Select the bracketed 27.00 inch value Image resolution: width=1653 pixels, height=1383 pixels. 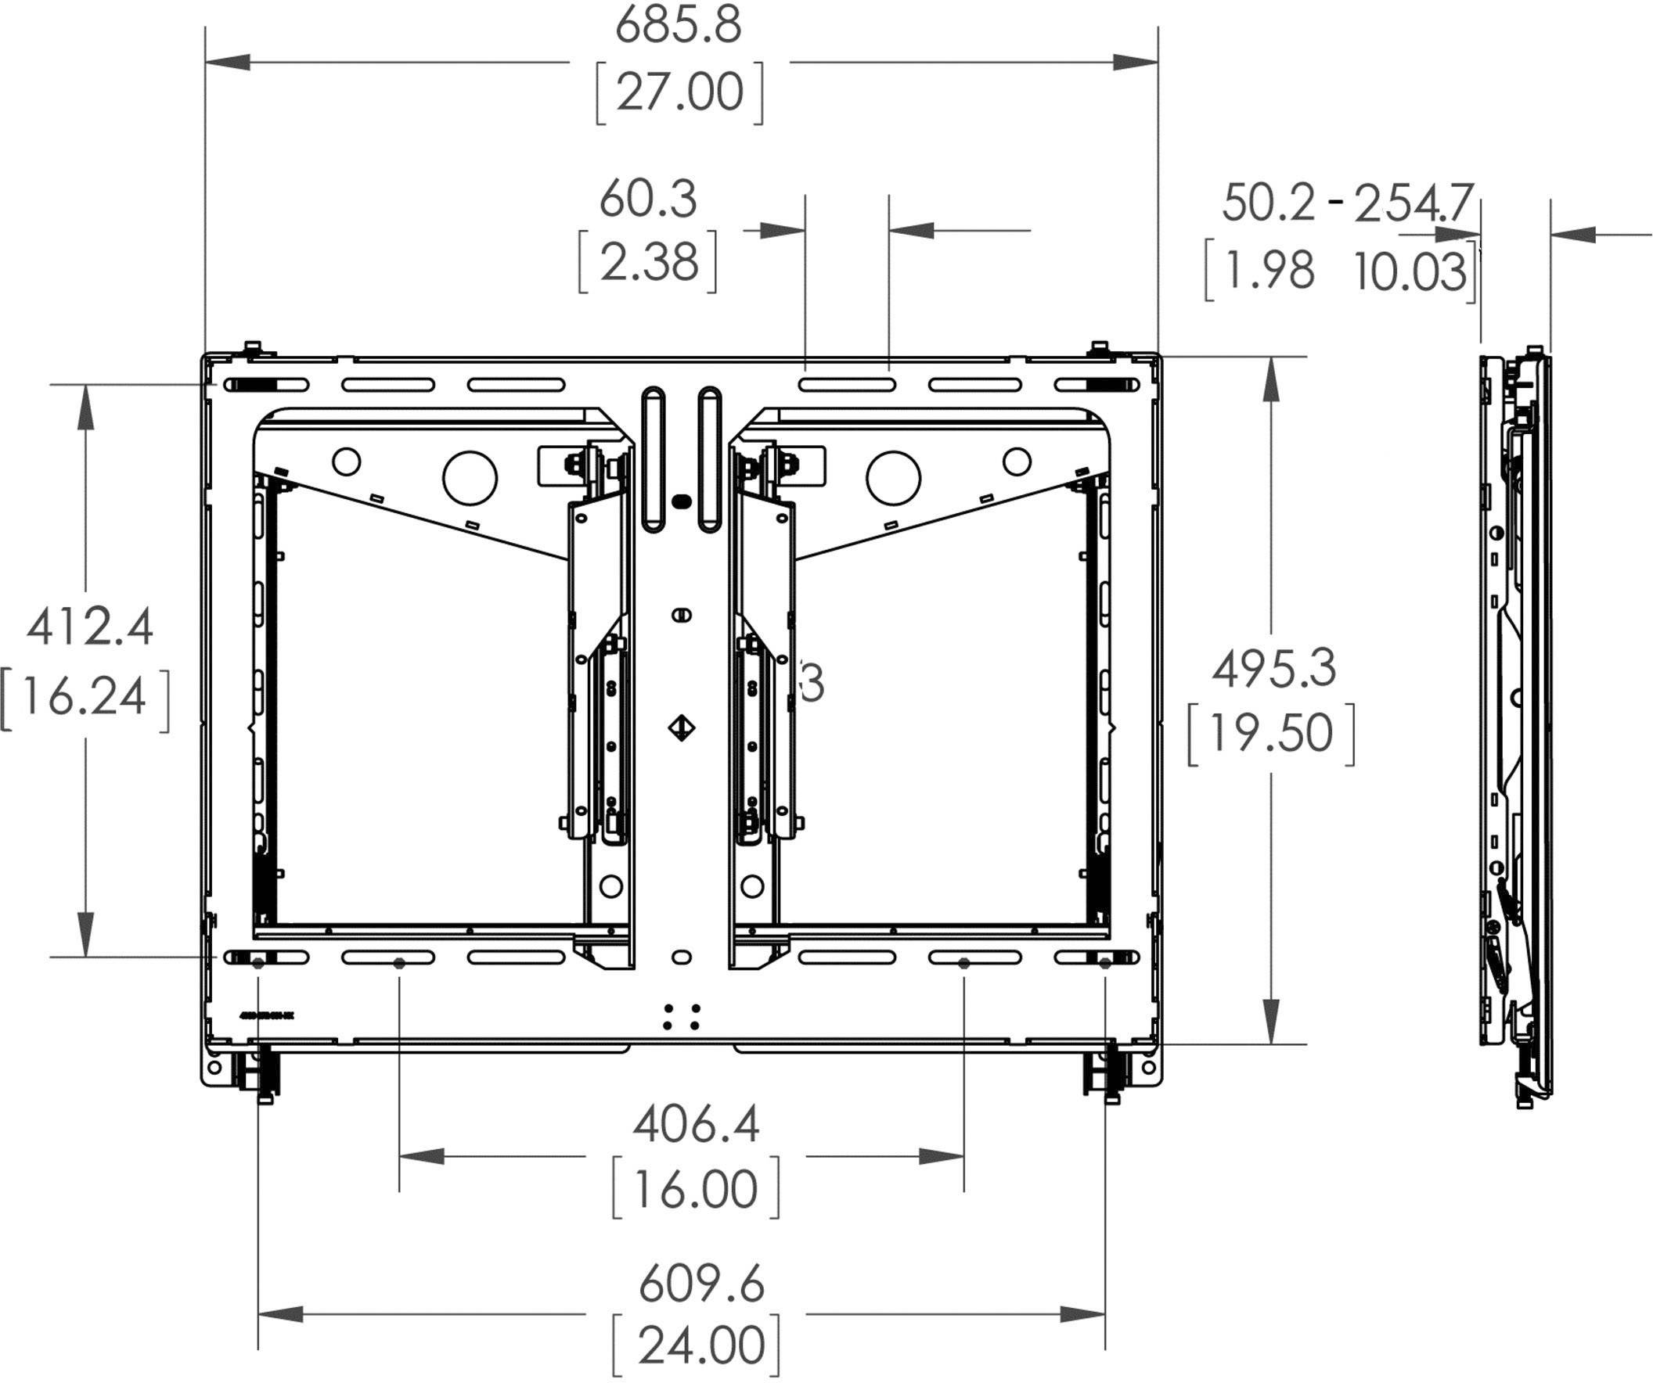click(679, 93)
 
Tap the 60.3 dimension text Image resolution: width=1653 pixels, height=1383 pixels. click(648, 199)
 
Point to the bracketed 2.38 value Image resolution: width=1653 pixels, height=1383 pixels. click(649, 262)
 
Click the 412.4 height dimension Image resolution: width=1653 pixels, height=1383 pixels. click(90, 629)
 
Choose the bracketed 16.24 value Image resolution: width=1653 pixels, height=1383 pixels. click(85, 698)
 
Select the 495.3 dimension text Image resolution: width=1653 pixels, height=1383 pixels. click(1273, 670)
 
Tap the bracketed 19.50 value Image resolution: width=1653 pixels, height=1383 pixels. click(1271, 733)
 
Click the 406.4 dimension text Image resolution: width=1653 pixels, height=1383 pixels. click(697, 1125)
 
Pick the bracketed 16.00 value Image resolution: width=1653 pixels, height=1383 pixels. click(697, 1190)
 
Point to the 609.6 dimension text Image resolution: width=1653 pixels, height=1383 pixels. click(701, 1285)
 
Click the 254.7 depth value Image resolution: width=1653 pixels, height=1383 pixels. click(1413, 203)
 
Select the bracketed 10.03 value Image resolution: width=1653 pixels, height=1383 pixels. click(1410, 272)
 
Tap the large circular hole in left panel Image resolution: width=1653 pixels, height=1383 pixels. click(470, 477)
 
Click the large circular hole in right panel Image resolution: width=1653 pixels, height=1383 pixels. click(892, 477)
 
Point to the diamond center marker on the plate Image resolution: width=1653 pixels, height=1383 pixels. click(682, 727)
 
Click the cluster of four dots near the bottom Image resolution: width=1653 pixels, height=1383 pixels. click(682, 1016)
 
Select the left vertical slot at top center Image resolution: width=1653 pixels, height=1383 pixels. click(654, 460)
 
